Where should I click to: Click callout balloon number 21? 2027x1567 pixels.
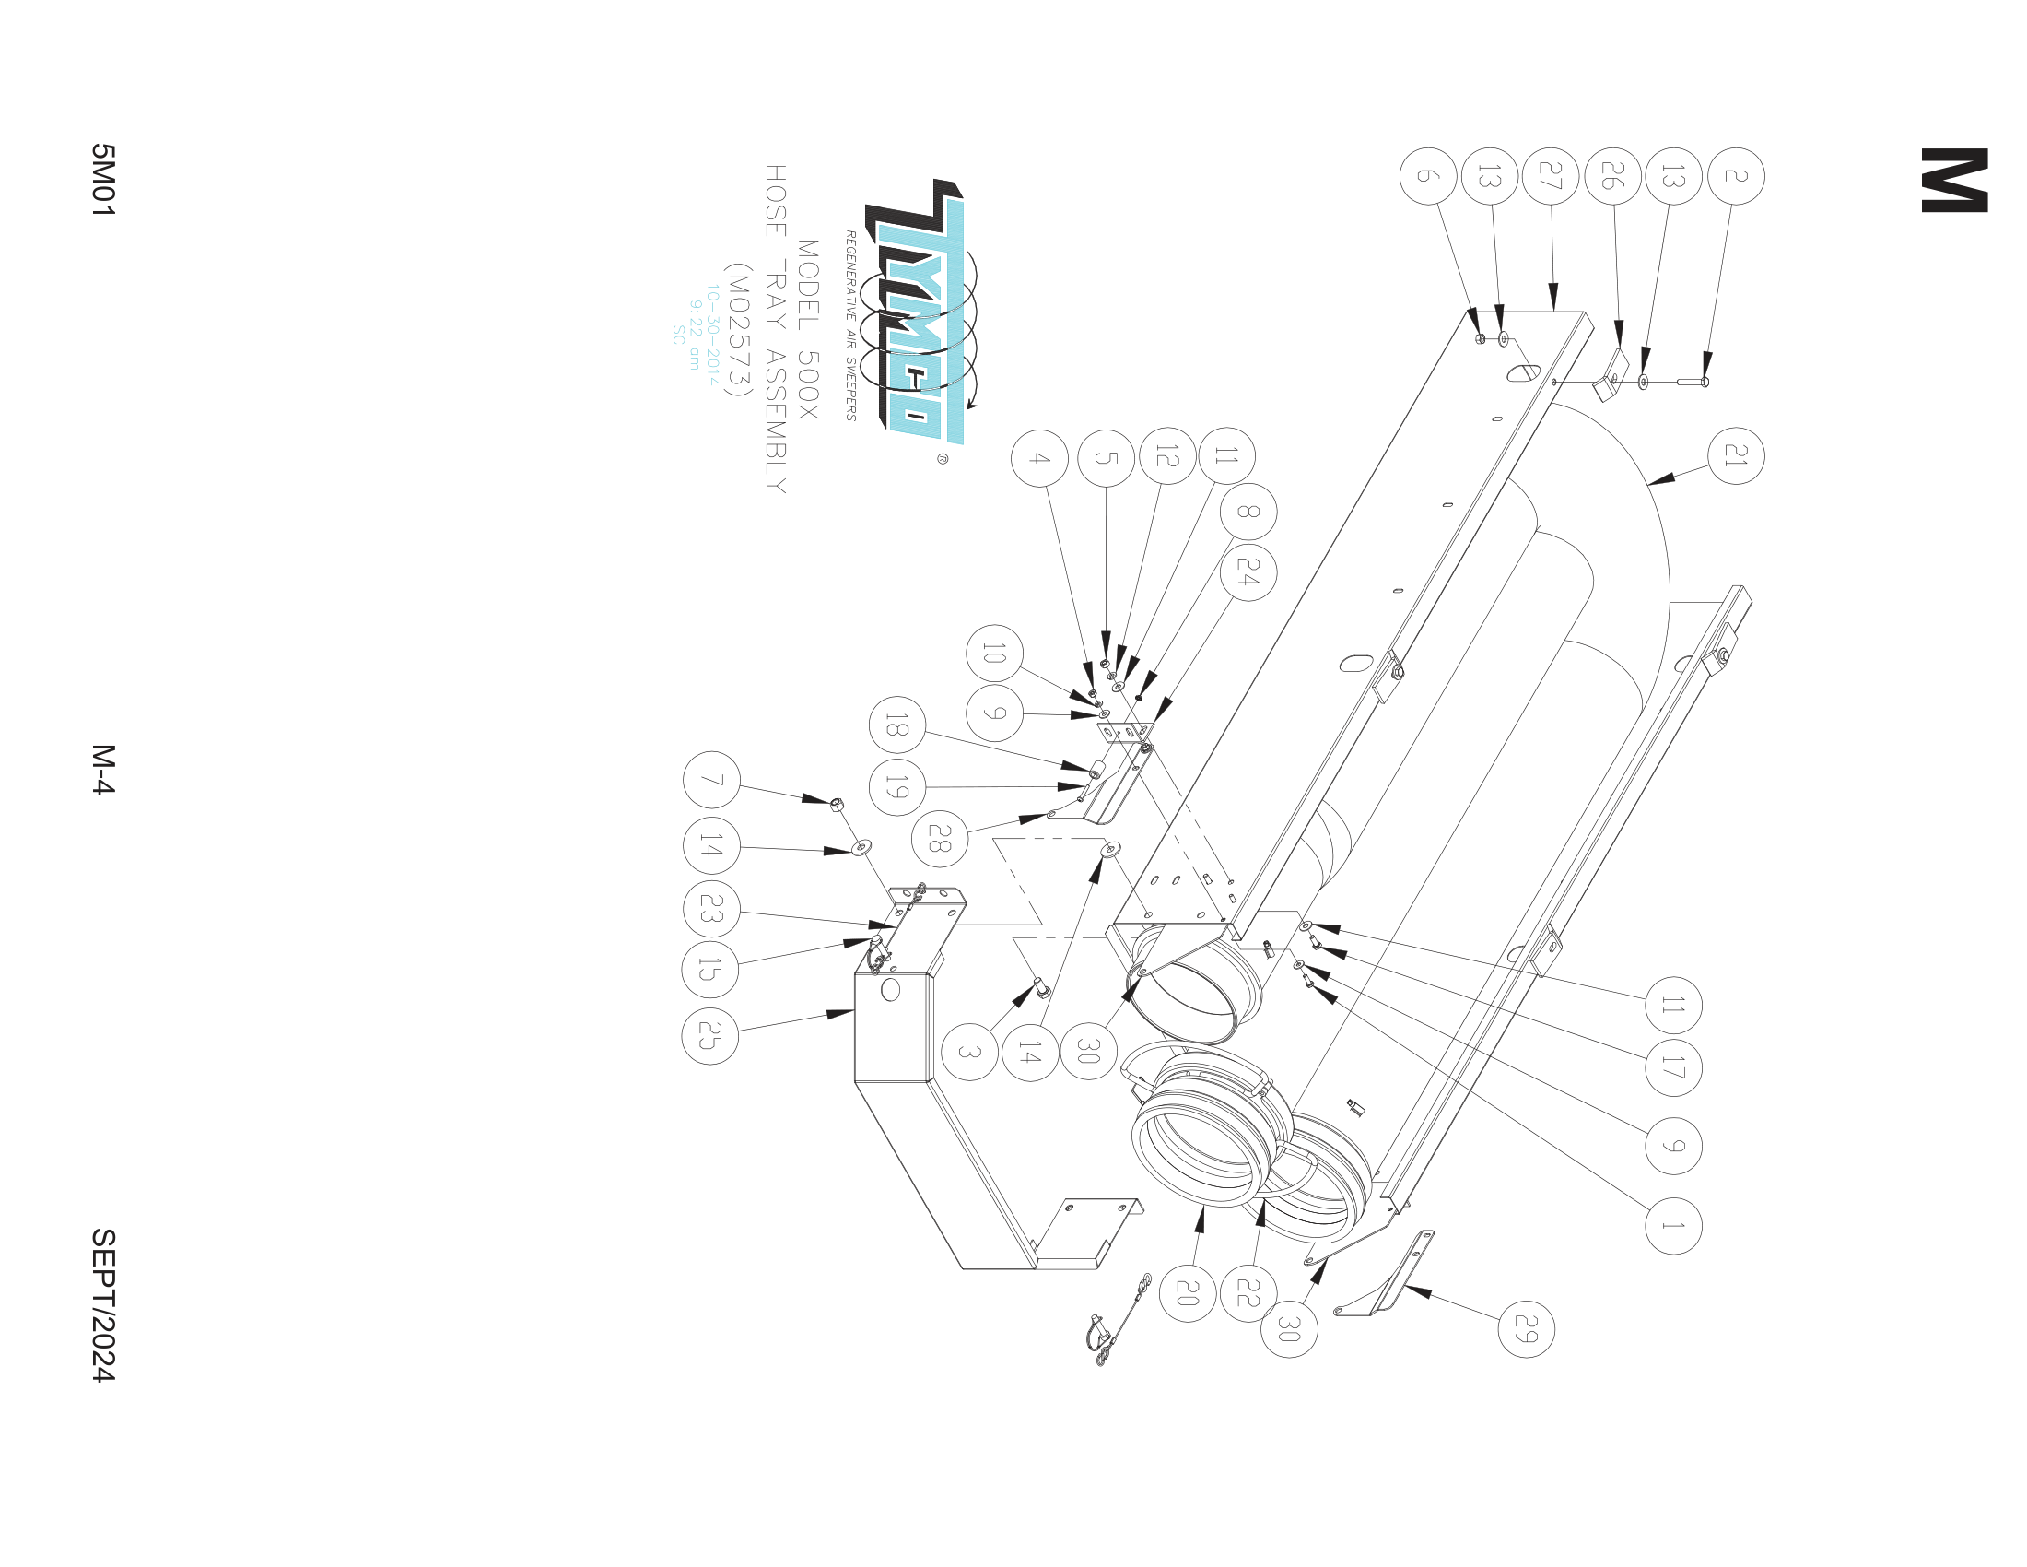tap(1735, 455)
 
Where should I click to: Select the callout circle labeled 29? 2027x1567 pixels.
tap(1526, 1329)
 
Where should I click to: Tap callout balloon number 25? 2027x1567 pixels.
tap(710, 1036)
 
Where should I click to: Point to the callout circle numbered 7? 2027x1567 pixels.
tap(711, 780)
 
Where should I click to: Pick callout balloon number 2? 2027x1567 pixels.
tap(1736, 176)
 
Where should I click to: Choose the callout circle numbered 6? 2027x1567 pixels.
tap(1427, 176)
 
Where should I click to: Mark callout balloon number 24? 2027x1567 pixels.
tap(1248, 572)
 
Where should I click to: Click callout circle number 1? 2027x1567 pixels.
tap(1672, 1226)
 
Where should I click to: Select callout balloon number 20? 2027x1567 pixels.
tap(1187, 1292)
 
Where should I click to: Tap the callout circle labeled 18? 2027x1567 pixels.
tap(896, 725)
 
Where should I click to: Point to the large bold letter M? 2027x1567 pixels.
tap(1953, 180)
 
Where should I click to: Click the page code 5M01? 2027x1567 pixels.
tap(103, 180)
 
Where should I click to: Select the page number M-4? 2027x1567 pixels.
tap(103, 769)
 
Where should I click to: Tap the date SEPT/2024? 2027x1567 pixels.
tap(103, 1304)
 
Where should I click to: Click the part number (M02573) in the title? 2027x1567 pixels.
tap(739, 330)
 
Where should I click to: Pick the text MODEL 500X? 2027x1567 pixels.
tap(807, 330)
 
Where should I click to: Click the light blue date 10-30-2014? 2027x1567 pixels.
tap(712, 336)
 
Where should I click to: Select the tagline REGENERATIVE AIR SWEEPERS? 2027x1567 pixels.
tap(850, 325)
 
